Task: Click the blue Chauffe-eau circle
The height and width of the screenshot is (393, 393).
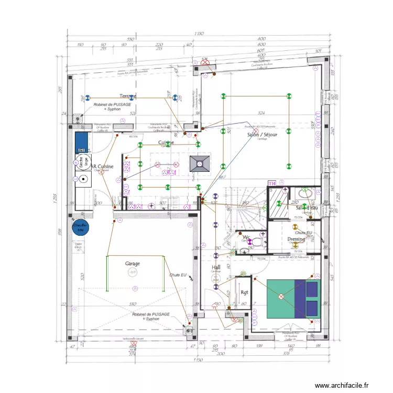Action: pos(81,227)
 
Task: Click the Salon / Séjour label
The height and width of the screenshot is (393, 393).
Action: pos(262,135)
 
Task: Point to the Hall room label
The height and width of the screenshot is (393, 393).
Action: pos(215,267)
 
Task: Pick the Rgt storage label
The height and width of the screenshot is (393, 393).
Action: pos(244,292)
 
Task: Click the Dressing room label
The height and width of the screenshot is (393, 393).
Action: pos(296,239)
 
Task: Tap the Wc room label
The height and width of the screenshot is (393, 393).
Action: pos(246,237)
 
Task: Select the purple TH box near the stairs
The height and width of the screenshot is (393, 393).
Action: pos(271,183)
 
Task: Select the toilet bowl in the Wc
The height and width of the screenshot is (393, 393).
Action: pos(257,242)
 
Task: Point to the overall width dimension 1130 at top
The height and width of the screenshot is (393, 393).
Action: pos(199,34)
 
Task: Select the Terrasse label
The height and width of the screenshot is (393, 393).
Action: pos(128,96)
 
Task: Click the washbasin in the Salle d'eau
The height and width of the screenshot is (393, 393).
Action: pos(306,193)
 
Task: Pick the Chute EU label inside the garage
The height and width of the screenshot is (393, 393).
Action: pos(178,275)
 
